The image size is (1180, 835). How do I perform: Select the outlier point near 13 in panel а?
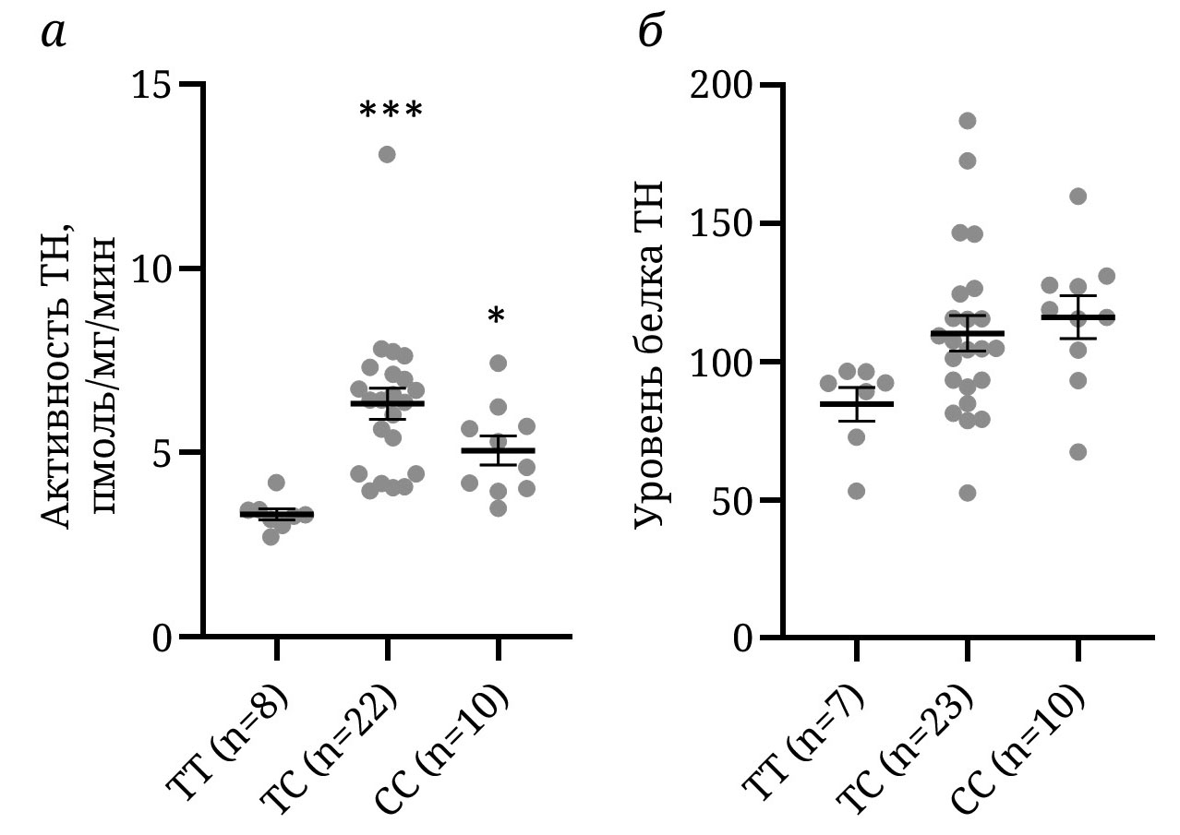(x=387, y=154)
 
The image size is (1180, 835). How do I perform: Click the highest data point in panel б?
(x=967, y=121)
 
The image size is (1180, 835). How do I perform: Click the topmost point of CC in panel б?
(x=1078, y=196)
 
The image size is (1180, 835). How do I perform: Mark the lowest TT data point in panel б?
(x=857, y=491)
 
